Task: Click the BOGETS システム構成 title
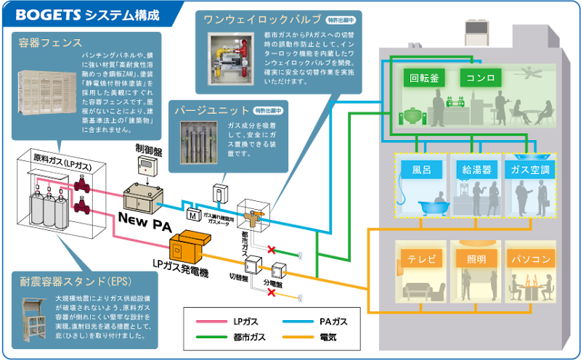86,15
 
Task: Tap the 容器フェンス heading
49,43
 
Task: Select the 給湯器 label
476,171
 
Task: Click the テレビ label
421,258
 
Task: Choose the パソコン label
530,258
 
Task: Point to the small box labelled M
194,215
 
